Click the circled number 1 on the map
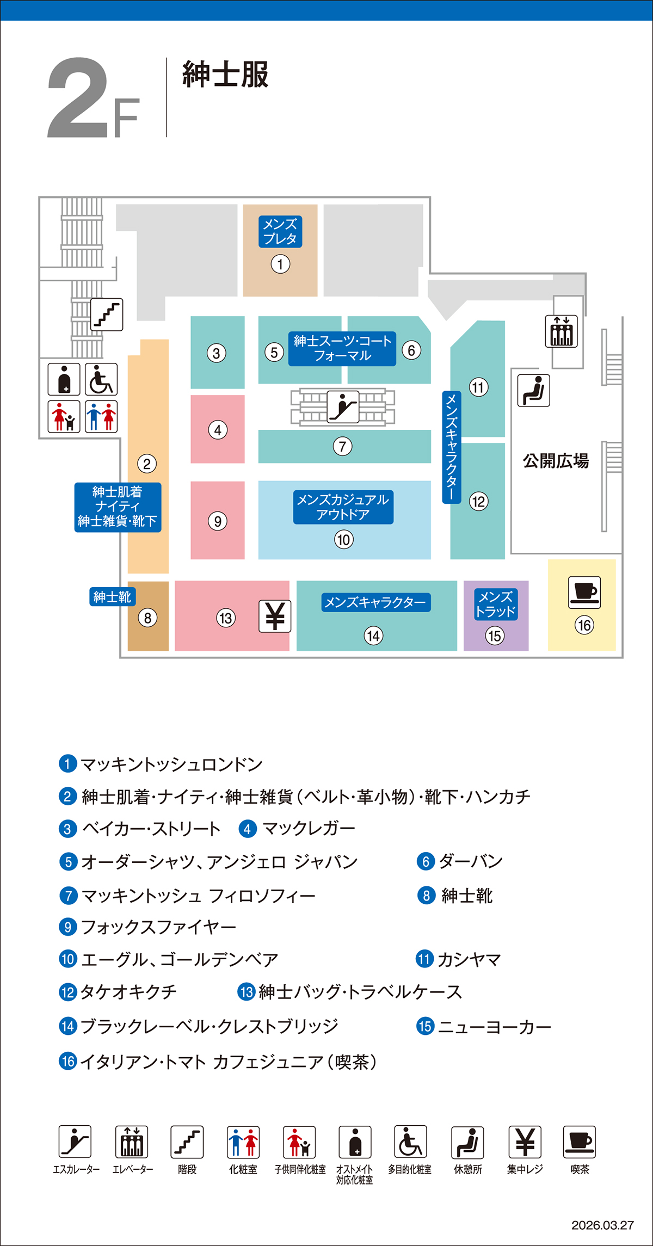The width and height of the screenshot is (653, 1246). (x=280, y=264)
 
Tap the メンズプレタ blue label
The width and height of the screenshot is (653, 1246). (x=280, y=231)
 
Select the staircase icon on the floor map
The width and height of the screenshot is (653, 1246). (x=107, y=314)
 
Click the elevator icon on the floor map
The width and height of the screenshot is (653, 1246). (x=561, y=331)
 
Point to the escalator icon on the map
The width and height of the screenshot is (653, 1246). (x=343, y=406)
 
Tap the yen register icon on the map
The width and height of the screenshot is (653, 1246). (x=275, y=616)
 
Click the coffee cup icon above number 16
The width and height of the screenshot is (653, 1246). (x=584, y=592)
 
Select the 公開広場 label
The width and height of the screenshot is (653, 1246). (x=556, y=461)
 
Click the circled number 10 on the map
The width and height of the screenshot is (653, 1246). (x=343, y=540)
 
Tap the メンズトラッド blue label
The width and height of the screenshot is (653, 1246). (x=495, y=604)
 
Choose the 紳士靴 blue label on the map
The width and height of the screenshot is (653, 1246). (x=112, y=597)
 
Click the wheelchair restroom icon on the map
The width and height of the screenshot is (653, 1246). (x=101, y=379)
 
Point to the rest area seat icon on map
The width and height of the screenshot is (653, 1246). (x=533, y=390)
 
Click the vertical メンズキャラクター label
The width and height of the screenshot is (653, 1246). (x=452, y=447)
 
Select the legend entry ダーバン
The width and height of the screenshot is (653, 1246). (x=470, y=861)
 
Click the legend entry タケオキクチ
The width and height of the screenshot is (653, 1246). (x=128, y=992)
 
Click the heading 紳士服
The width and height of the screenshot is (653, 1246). (x=225, y=75)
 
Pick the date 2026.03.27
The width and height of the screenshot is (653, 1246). (x=602, y=1225)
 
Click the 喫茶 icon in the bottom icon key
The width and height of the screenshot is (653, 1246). (x=580, y=1142)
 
